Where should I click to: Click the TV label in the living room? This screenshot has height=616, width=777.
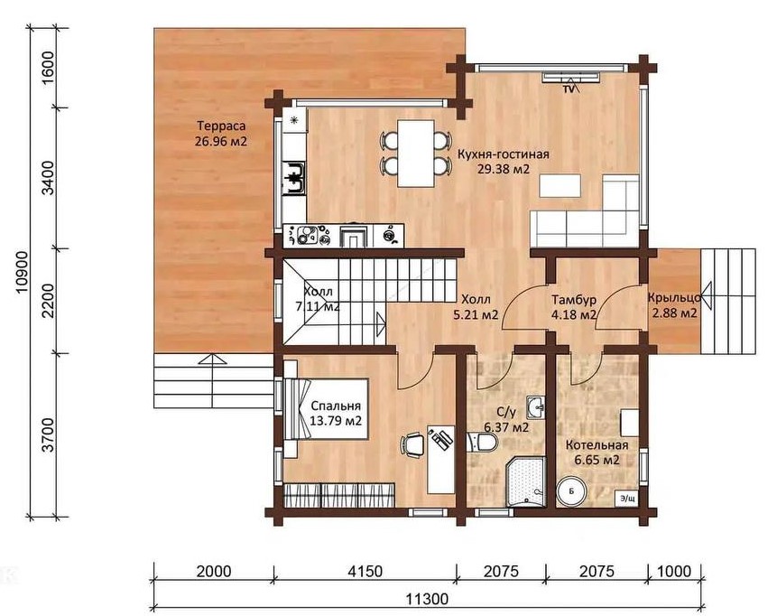pos(568,89)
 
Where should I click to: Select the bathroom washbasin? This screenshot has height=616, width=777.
pos(534,408)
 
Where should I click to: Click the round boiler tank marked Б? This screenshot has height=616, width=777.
pos(571,491)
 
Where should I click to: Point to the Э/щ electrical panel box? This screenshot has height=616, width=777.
pos(626,499)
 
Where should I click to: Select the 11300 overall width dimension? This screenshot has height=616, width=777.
pos(427,599)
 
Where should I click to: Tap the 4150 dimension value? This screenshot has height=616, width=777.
pos(365,572)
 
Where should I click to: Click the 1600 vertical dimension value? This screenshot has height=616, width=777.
pos(48,68)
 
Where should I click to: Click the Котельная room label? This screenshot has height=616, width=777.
pos(597,445)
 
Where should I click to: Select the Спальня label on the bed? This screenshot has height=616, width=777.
pos(336,406)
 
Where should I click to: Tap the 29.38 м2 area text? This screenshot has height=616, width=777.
pos(504,169)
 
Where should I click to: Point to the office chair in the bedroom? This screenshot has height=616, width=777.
pos(413,443)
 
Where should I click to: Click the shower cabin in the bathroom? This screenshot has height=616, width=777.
pos(525,481)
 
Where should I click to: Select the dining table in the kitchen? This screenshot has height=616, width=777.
pos(417,154)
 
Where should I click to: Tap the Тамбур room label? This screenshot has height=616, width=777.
pos(574,300)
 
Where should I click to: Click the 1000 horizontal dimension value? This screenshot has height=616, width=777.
pos(674,572)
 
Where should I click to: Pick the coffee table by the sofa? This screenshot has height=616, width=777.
pos(560,185)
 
